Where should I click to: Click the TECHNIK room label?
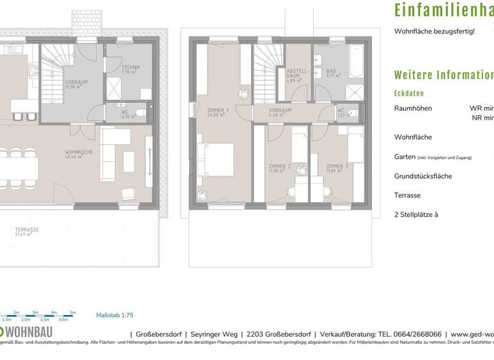(131, 69)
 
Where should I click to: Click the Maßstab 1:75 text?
(114, 315)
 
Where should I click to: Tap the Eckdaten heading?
(409, 93)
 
